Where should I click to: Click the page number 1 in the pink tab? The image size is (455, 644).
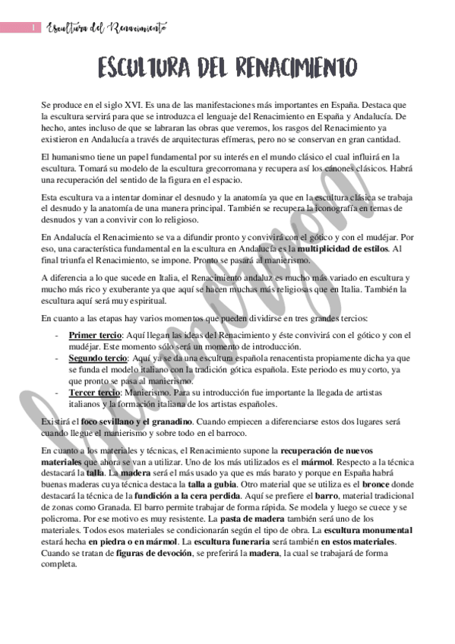(x=34, y=28)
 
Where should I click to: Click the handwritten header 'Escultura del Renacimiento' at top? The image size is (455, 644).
(x=107, y=28)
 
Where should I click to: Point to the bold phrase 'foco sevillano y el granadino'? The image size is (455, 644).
(x=131, y=421)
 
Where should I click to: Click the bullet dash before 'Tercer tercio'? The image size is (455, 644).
(x=58, y=392)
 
